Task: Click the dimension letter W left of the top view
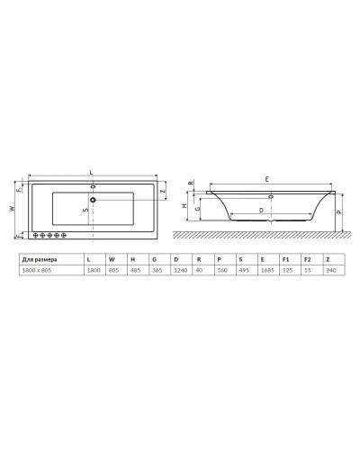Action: point(13,208)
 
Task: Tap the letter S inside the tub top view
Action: point(85,210)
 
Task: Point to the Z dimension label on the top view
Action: point(163,192)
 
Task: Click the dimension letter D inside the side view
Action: point(261,210)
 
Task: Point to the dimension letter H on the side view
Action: point(184,206)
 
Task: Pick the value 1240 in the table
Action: point(175,269)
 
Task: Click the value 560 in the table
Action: point(219,269)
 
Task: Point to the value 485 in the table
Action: point(132,269)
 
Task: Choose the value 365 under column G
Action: point(154,269)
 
